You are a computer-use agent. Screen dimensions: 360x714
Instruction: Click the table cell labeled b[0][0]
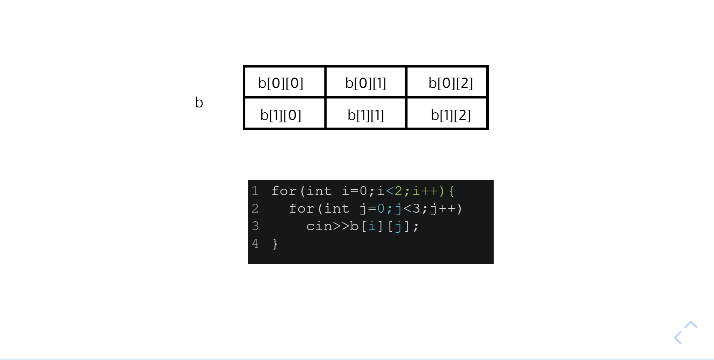tap(281, 83)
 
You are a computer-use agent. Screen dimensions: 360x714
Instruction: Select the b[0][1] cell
tap(365, 83)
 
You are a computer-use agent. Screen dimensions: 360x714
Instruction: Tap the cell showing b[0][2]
tap(450, 83)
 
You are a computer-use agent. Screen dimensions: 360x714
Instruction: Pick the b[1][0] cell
tap(281, 115)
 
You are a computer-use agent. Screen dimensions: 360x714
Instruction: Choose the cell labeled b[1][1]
tap(365, 115)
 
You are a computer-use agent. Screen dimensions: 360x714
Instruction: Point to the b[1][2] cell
tap(450, 115)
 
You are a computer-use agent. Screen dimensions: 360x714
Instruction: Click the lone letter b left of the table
tap(199, 103)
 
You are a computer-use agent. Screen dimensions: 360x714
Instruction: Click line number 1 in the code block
tap(255, 191)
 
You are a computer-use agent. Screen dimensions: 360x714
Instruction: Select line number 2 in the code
tap(255, 208)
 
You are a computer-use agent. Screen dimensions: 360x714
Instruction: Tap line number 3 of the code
tap(255, 226)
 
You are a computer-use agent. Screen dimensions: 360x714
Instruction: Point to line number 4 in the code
tap(255, 243)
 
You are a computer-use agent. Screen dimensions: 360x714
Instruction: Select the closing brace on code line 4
tap(275, 244)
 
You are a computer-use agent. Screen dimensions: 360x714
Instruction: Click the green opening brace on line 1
tap(452, 191)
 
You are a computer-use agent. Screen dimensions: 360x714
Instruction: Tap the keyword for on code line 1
tap(284, 191)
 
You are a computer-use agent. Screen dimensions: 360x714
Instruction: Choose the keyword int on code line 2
tap(336, 209)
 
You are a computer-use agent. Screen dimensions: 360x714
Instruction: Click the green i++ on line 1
tap(425, 191)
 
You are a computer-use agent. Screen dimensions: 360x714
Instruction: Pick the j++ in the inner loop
tap(443, 209)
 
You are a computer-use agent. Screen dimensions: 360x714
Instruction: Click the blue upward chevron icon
tap(691, 325)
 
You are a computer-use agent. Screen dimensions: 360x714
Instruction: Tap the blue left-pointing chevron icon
tap(678, 338)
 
